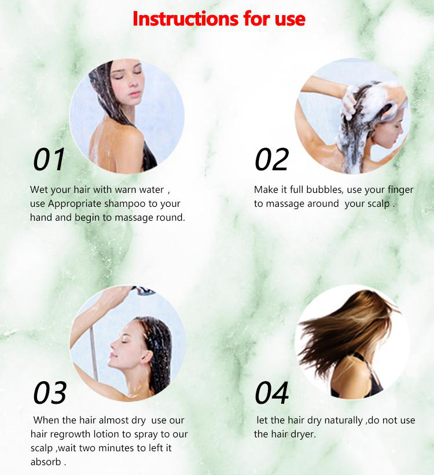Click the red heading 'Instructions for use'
219,19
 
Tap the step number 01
49,159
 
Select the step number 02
271,159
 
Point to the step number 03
50,393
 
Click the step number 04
271,393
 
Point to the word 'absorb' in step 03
46,462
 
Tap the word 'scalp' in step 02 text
378,204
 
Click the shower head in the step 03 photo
143,290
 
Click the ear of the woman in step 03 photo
147,357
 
